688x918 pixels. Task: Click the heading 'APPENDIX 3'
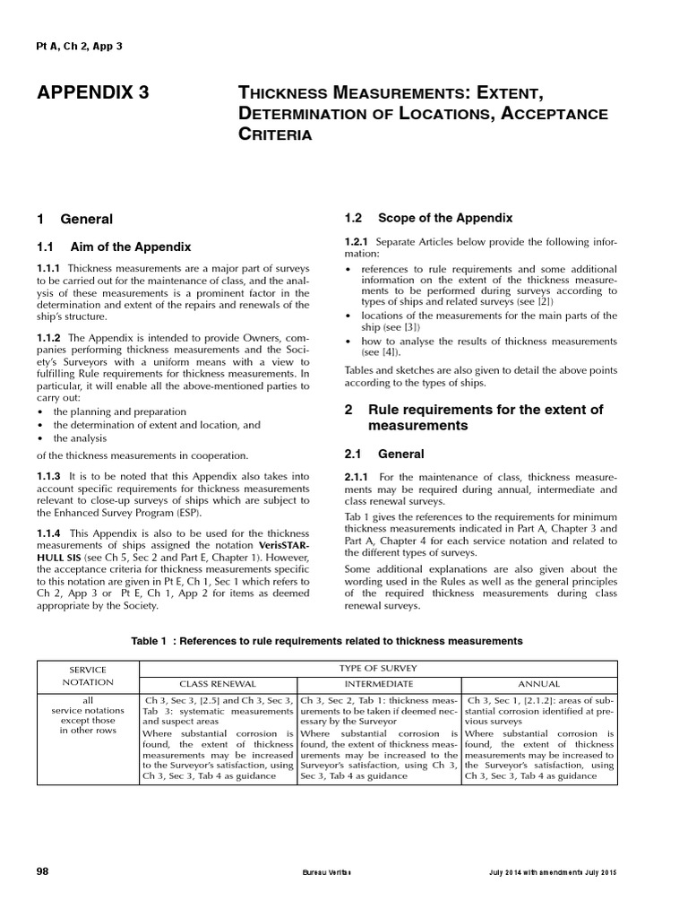[x=92, y=92]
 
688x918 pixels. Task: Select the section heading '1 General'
[x=74, y=219]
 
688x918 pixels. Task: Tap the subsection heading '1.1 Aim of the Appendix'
[x=114, y=247]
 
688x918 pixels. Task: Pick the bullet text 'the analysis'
[x=80, y=438]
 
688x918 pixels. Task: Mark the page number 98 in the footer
[x=42, y=871]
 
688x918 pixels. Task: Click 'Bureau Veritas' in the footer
[x=321, y=872]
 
